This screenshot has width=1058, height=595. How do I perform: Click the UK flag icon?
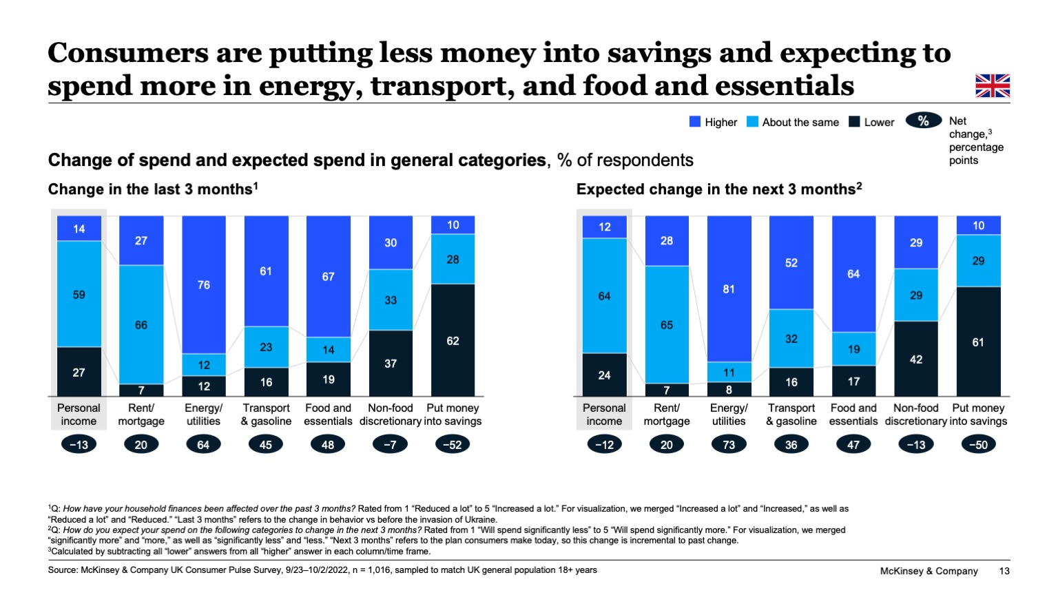point(992,86)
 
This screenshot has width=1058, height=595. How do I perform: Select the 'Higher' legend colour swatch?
point(695,122)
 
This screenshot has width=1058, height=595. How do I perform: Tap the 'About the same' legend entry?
point(793,122)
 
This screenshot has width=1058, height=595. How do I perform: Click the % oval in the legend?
point(923,121)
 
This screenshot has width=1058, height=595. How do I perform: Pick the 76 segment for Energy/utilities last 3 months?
point(204,284)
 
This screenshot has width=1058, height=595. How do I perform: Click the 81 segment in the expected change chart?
point(729,289)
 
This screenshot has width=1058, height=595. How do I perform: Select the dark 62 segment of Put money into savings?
point(453,340)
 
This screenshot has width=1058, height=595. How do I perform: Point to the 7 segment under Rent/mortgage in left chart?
point(141,390)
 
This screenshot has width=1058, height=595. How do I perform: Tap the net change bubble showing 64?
point(203,445)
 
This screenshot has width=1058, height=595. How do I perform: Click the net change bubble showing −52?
point(453,445)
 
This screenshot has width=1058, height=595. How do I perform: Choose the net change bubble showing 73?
point(729,445)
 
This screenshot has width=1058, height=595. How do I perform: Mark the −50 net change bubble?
point(978,445)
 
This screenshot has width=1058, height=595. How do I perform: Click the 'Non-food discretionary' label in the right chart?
point(916,415)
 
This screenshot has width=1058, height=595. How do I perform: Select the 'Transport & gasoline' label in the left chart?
point(266,415)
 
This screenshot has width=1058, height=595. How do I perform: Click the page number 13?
point(1004,571)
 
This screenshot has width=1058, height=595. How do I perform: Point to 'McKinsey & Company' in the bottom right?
point(929,571)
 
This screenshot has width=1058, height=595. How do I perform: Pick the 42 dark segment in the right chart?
point(916,359)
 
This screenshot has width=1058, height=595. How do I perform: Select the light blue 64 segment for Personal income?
point(604,295)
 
